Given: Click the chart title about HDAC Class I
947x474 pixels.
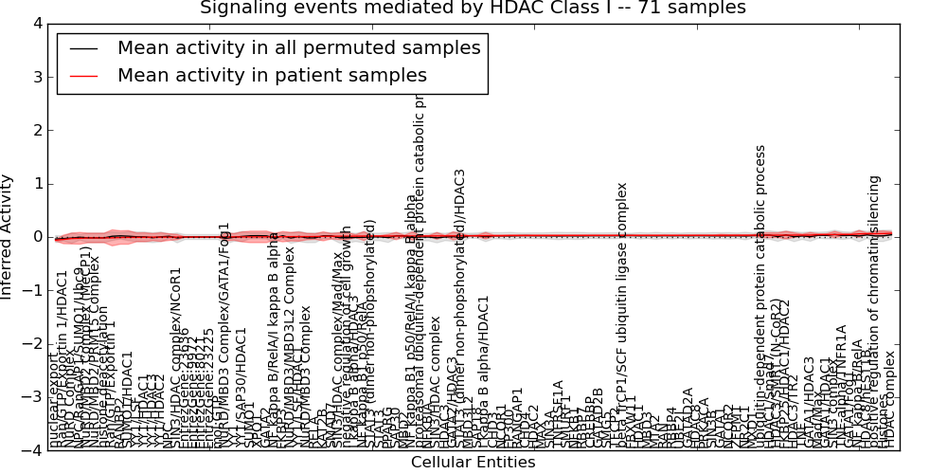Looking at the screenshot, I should [x=473, y=9].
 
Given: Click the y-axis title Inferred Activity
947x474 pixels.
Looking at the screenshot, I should [x=9, y=237].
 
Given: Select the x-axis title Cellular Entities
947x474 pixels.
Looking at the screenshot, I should [x=473, y=463].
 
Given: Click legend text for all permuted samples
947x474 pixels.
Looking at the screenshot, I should [x=298, y=48].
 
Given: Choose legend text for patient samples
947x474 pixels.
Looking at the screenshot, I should [x=272, y=76].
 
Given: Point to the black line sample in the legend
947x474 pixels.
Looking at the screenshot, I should [x=83, y=48].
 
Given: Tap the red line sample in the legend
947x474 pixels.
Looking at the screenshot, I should [x=83, y=76].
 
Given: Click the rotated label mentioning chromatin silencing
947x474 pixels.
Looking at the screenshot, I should [x=875, y=313].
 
